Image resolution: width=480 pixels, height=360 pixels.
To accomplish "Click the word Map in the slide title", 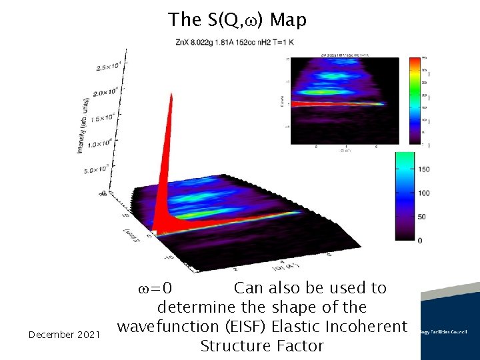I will coord(288,20).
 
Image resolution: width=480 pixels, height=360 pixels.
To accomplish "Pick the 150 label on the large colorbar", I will coord(424,169).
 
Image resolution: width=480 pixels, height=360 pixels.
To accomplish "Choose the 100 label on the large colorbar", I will coord(424,193).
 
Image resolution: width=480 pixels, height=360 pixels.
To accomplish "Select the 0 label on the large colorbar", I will coord(419,240).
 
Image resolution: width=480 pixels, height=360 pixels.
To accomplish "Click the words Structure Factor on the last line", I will coord(261,346).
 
